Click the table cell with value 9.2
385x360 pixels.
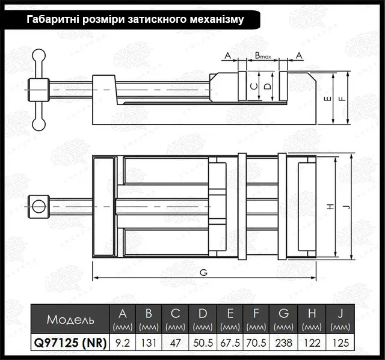123,343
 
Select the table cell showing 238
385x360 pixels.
283,343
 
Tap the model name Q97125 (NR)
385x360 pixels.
70,343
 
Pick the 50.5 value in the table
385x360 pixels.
203,343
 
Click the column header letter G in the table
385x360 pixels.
283,313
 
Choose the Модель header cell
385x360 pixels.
70,319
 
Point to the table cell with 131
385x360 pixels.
149,343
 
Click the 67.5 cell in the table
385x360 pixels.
230,343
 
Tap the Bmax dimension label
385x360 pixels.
263,56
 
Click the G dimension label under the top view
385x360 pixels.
203,272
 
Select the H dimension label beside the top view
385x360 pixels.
331,207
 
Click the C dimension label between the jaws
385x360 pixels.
254,87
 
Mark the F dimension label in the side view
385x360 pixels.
343,99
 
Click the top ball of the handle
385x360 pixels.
38,55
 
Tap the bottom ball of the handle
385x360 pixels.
38,124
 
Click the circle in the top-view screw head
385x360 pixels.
38,206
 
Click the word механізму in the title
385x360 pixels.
217,19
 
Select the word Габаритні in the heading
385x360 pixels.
53,19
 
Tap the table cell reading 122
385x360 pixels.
312,343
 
